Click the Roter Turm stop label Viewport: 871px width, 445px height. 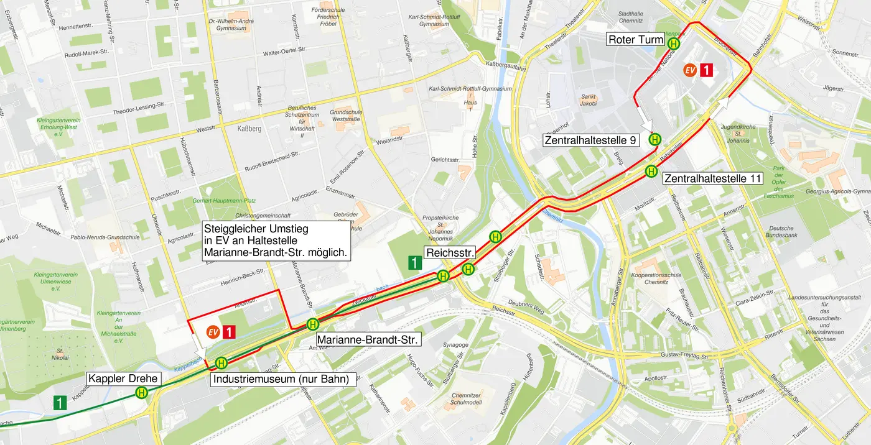pyautogui.click(x=636, y=40)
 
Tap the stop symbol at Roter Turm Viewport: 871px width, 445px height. pyautogui.click(x=674, y=44)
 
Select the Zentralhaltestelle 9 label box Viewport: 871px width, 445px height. pyautogui.click(x=591, y=140)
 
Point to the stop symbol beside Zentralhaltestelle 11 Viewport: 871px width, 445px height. pyautogui.click(x=651, y=171)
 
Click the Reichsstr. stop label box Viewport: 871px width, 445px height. pyautogui.click(x=450, y=252)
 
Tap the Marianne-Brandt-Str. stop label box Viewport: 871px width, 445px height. pyautogui.click(x=368, y=340)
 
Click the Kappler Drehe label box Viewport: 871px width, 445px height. pyautogui.click(x=124, y=378)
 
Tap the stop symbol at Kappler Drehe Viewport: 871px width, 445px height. pyautogui.click(x=142, y=392)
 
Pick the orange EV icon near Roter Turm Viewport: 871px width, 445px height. pyautogui.click(x=689, y=70)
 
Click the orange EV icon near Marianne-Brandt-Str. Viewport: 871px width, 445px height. pyautogui.click(x=213, y=332)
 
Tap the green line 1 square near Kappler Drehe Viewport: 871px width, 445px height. pyautogui.click(x=60, y=403)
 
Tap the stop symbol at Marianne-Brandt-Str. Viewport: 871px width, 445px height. pyautogui.click(x=313, y=324)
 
